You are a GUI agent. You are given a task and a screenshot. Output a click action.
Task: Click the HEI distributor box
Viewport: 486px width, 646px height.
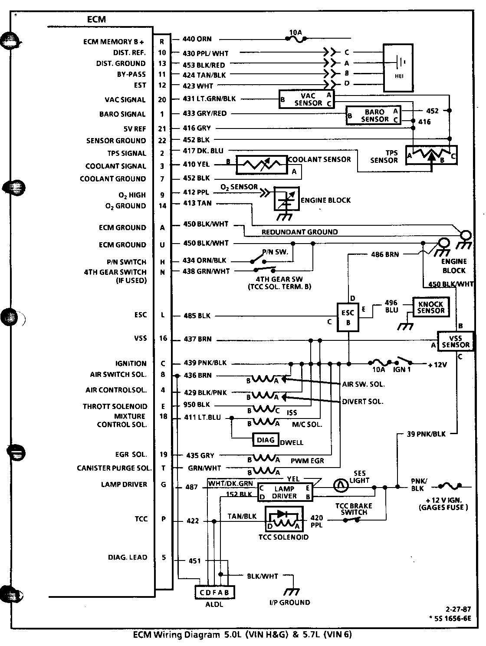(398, 68)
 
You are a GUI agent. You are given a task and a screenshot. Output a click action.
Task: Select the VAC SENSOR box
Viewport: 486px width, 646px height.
(307, 99)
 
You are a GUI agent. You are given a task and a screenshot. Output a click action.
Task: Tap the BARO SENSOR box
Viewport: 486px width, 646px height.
(374, 115)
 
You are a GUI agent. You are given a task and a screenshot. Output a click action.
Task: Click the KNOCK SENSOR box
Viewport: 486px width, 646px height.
(431, 307)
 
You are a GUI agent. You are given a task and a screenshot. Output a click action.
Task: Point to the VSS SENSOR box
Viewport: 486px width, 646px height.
(455, 341)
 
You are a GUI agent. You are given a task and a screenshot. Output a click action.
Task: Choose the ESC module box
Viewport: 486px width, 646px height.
(348, 317)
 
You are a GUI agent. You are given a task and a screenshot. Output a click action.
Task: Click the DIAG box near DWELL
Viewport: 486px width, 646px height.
(266, 440)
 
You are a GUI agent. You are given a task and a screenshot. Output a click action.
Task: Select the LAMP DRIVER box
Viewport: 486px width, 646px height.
(285, 492)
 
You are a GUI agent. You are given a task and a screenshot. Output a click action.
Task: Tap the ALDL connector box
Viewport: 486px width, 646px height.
(214, 593)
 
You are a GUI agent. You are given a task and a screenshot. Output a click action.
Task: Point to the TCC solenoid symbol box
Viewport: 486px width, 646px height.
(284, 519)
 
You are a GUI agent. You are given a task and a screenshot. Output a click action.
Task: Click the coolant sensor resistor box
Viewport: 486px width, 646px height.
(262, 165)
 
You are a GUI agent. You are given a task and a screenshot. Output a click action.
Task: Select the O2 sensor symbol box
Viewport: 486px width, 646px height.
(286, 199)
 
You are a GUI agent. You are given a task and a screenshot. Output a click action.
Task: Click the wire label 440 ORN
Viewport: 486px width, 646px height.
(197, 39)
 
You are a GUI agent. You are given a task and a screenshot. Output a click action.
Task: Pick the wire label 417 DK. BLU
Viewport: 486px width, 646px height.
(203, 151)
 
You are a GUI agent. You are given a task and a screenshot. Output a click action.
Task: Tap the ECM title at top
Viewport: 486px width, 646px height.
(96, 20)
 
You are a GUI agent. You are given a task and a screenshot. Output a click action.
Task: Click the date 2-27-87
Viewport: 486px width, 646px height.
(458, 609)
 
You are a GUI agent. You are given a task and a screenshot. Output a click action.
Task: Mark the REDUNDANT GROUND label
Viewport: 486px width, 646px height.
(299, 232)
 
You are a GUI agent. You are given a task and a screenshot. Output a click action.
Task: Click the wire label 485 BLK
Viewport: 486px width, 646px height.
(197, 316)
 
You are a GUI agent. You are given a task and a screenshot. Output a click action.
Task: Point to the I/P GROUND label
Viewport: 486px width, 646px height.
(289, 603)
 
